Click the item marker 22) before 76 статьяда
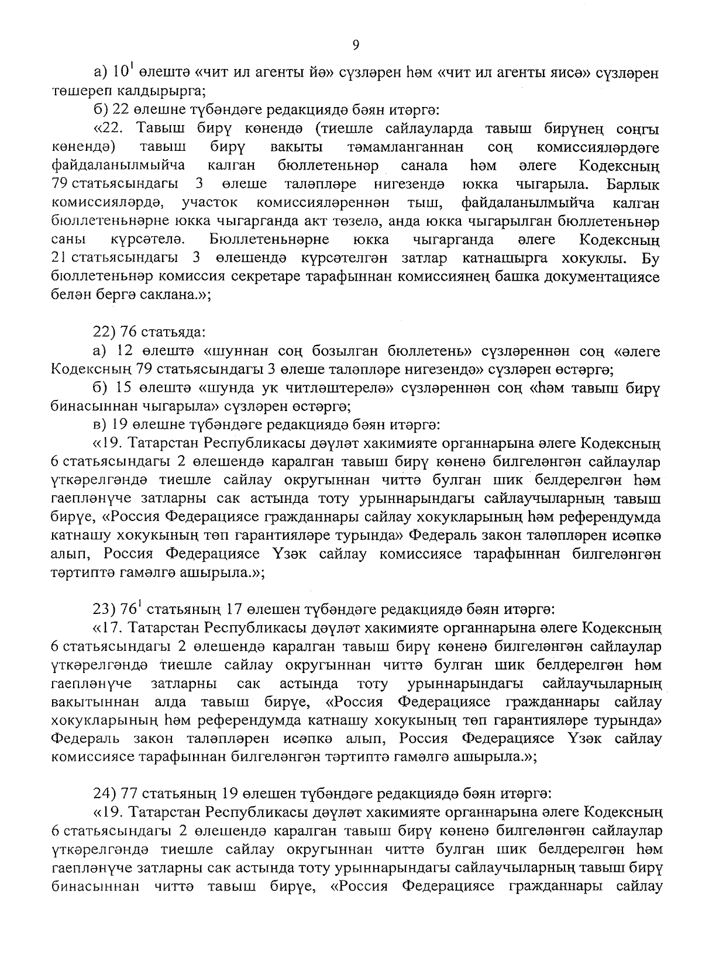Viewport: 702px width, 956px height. [x=105, y=333]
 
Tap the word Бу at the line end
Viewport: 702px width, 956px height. [x=651, y=258]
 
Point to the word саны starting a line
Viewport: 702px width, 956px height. [x=68, y=240]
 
